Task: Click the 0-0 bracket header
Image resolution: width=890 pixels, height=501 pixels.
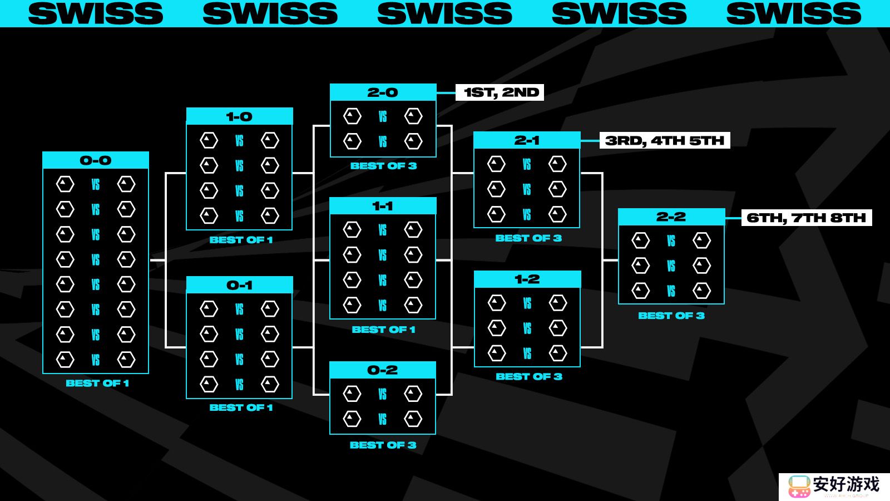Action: click(x=96, y=160)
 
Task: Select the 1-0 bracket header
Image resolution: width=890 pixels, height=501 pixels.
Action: click(x=239, y=116)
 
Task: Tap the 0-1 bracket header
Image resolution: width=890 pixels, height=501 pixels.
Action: click(x=239, y=285)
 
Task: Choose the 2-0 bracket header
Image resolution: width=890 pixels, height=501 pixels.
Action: click(x=383, y=92)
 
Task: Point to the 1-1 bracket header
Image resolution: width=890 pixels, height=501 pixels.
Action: click(x=383, y=206)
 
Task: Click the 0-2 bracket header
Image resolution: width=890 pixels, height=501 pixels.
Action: click(x=383, y=370)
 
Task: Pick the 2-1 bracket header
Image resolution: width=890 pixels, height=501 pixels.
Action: click(x=527, y=140)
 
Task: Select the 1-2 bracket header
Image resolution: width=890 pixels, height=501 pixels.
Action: click(x=527, y=279)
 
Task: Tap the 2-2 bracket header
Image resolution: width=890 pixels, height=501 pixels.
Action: click(x=671, y=217)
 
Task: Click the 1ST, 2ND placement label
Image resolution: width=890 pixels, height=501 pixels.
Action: click(x=500, y=92)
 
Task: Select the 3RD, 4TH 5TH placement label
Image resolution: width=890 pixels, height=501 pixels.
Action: click(x=665, y=140)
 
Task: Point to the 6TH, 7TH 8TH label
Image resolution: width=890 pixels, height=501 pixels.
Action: click(x=807, y=218)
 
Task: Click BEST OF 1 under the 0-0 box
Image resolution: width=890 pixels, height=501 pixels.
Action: click(x=97, y=383)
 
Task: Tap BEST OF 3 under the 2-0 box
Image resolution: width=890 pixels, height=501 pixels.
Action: click(x=383, y=166)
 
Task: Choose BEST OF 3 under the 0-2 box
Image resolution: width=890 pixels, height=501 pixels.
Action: click(x=383, y=445)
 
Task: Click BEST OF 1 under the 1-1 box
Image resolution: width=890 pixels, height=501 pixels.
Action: click(x=383, y=330)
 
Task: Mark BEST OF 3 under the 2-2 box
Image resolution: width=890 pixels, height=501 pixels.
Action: click(x=671, y=316)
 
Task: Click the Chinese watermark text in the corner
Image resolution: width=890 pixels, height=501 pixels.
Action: click(x=846, y=484)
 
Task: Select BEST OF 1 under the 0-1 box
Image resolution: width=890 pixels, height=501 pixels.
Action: click(x=241, y=407)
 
